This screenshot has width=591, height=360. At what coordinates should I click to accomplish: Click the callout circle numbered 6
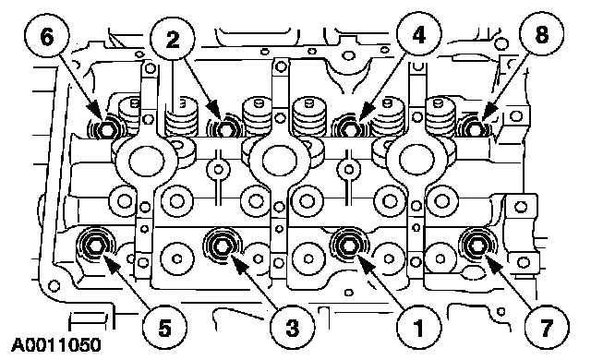[x=47, y=38]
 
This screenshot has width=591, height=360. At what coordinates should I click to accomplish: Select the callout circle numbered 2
[x=173, y=39]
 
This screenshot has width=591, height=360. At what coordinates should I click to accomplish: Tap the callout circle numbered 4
[x=418, y=36]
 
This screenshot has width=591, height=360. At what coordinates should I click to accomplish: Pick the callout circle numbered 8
[x=541, y=35]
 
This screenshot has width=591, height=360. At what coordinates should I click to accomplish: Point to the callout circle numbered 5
[x=164, y=328]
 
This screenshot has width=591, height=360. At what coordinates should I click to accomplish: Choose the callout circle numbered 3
[x=292, y=328]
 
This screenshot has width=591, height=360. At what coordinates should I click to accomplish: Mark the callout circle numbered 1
[x=418, y=328]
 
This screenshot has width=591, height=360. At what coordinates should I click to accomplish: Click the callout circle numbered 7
[x=547, y=328]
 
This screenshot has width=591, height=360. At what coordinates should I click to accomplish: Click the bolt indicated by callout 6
[x=107, y=129]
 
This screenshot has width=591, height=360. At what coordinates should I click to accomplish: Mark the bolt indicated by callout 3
[x=222, y=246]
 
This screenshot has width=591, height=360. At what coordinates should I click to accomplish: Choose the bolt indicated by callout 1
[x=348, y=246]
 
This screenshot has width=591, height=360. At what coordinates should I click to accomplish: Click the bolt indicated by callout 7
[x=476, y=246]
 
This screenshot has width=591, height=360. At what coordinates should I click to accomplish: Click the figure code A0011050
[x=56, y=345]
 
